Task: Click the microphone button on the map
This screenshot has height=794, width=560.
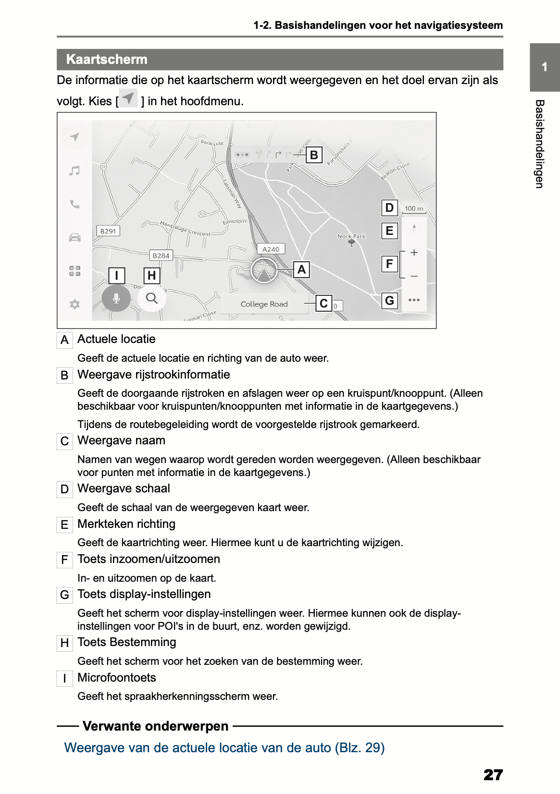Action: [x=116, y=298]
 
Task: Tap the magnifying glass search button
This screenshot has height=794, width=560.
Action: [x=152, y=298]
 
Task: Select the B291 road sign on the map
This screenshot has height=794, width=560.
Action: [x=108, y=231]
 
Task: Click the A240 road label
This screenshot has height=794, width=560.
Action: [x=271, y=249]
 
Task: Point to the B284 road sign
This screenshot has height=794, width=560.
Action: [x=161, y=256]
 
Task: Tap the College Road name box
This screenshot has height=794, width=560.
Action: [x=264, y=304]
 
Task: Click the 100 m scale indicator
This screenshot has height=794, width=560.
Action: [x=414, y=209]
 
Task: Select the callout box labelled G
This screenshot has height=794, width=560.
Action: [x=389, y=301]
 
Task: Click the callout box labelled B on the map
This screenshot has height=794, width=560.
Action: [x=314, y=155]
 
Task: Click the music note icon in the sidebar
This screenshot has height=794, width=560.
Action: [x=75, y=171]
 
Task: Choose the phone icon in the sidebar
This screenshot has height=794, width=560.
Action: [x=75, y=204]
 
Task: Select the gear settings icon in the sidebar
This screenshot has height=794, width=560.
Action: [x=75, y=304]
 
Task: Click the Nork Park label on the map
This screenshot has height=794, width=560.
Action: [x=351, y=236]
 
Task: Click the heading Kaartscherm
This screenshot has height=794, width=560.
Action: [x=107, y=60]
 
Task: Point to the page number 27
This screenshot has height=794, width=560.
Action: [x=493, y=774]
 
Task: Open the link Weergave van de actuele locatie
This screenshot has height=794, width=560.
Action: [x=224, y=748]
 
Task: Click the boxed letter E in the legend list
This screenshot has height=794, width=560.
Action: [x=64, y=525]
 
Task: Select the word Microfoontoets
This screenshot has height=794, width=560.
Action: [x=117, y=678]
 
